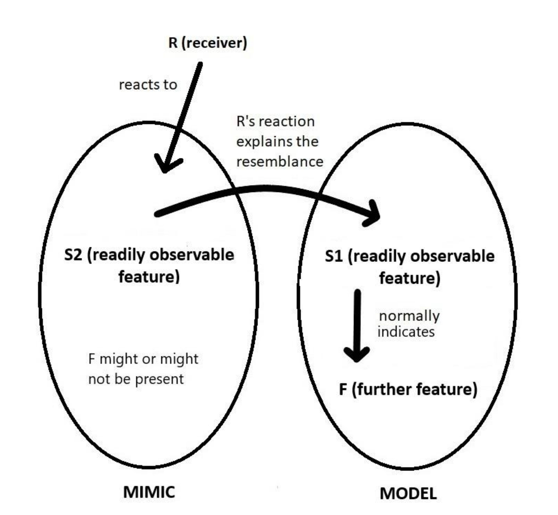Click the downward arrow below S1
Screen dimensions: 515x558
[x=357, y=326]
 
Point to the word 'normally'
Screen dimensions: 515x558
[x=409, y=316]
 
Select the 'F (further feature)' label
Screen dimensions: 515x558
[x=408, y=389]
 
